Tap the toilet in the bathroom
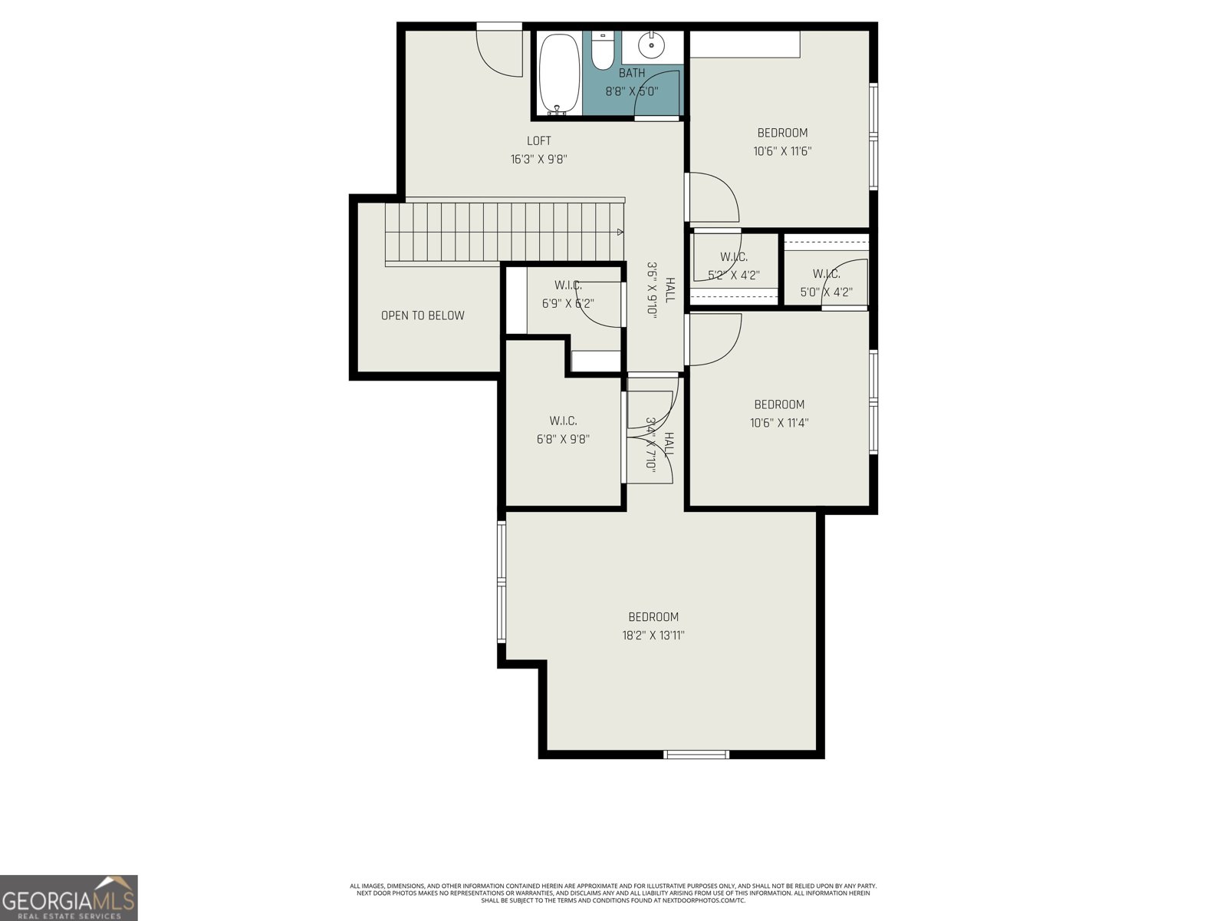604,52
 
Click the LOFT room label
538,140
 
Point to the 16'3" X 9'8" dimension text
538,160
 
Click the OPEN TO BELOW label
423,315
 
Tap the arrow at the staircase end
620,232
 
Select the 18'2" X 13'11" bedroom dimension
653,635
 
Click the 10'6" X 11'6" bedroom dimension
782,151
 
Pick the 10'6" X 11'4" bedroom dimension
779,423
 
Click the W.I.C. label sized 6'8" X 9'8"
563,421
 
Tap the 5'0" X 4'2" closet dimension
826,292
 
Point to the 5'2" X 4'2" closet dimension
733,275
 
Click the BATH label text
632,73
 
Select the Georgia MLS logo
69,898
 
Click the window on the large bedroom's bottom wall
696,754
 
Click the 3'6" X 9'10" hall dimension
653,289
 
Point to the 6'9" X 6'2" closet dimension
567,303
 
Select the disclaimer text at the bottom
613,893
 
